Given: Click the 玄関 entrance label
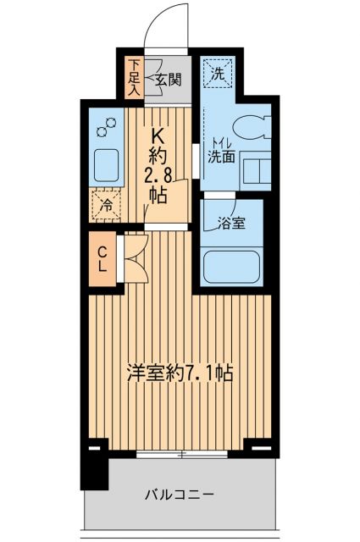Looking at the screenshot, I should click(x=169, y=80).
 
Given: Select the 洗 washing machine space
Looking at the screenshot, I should click(x=218, y=74).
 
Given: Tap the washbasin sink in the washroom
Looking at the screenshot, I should click(x=254, y=169).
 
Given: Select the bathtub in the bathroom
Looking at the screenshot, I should click(x=235, y=268).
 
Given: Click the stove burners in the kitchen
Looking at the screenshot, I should click(x=105, y=129).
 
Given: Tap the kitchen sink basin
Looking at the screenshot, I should click(x=105, y=166).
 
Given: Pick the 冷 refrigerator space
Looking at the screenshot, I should click(x=105, y=204).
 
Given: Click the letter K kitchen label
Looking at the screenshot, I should click(x=157, y=134).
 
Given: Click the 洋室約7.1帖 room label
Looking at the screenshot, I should click(x=180, y=371).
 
